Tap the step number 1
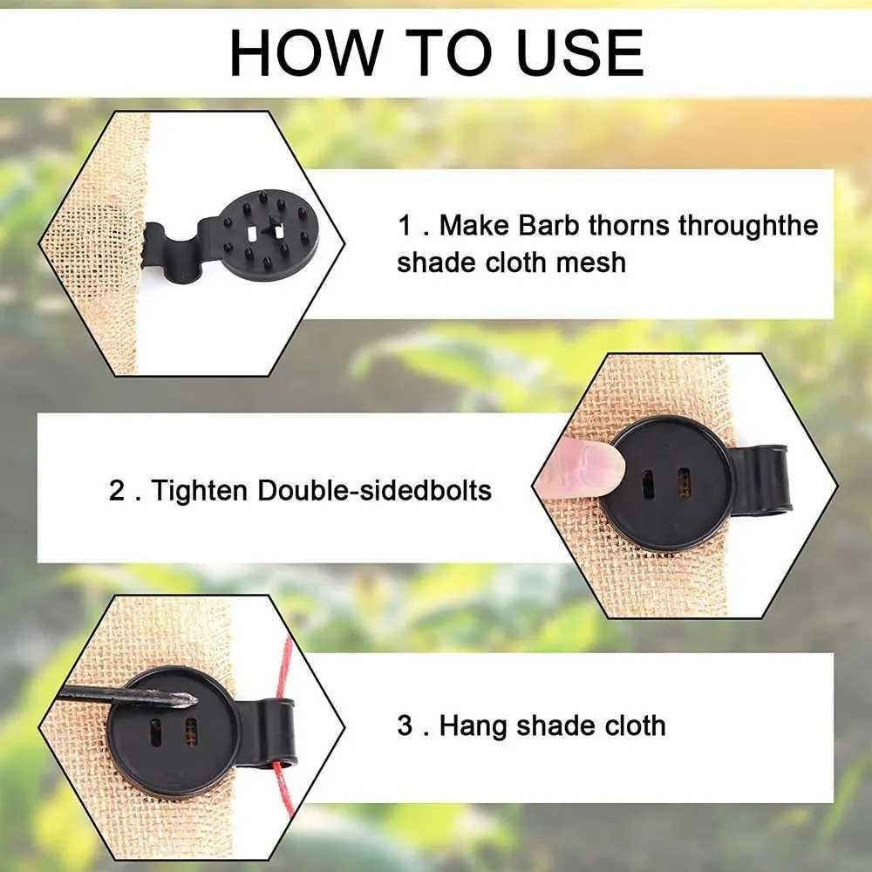click(405, 226)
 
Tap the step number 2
click(117, 490)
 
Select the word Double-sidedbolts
click(374, 490)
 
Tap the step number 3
click(405, 726)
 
